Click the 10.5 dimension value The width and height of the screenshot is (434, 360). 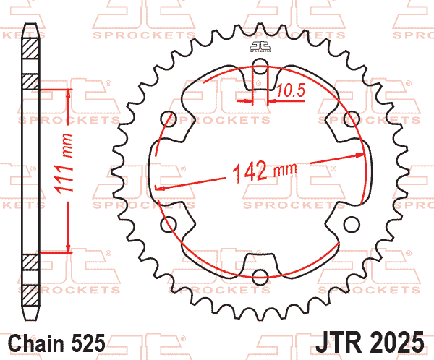289,90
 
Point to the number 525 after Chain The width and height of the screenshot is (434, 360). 89,341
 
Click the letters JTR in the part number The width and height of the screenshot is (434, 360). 340,340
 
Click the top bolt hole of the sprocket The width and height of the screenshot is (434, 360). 260,70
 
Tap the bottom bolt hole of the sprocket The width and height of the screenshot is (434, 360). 260,275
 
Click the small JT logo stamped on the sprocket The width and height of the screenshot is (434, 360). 260,47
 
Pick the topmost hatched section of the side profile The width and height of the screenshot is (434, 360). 30,51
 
